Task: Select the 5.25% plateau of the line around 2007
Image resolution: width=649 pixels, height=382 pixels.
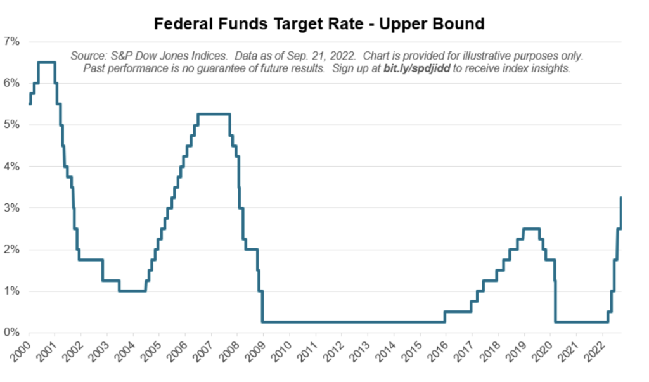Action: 214,114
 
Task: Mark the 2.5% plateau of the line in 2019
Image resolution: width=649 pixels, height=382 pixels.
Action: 531,229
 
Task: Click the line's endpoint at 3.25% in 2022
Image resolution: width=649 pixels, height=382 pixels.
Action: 621,198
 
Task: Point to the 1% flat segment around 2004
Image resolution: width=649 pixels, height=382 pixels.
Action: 132,291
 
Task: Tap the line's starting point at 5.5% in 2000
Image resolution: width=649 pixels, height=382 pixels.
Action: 30,104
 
